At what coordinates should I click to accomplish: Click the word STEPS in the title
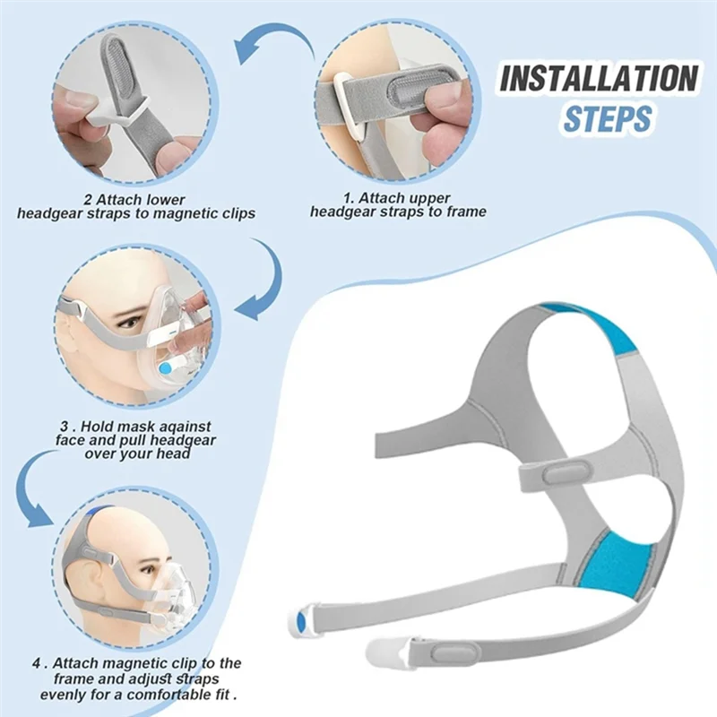pos(607,118)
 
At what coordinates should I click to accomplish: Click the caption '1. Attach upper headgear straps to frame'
pos(398,204)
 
